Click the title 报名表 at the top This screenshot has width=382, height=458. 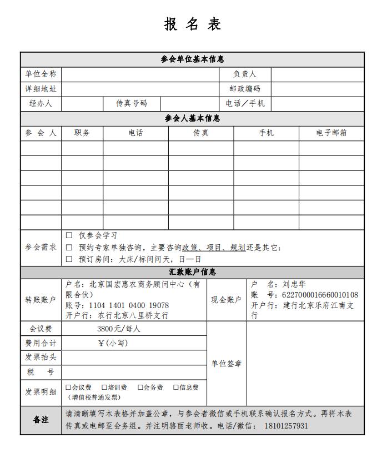point(193,24)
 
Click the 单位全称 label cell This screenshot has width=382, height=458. point(41,74)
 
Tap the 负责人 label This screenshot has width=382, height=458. point(244,74)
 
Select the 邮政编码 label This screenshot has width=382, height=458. point(244,89)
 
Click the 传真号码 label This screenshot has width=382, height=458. point(132,104)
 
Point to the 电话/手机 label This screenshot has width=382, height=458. point(245,104)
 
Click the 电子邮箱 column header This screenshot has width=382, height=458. point(331,133)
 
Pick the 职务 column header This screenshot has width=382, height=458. point(82,133)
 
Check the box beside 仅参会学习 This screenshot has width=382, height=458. point(69,236)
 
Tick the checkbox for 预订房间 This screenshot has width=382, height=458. point(69,259)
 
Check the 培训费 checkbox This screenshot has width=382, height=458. point(104,387)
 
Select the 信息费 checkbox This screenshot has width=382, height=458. point(176,387)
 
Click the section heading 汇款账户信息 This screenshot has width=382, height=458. point(193,273)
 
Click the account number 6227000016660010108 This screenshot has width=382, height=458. point(320,295)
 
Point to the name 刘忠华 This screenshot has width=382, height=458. point(295,284)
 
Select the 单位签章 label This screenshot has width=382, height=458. point(227,364)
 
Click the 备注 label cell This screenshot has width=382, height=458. point(41,420)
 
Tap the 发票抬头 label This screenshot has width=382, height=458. point(41,357)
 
